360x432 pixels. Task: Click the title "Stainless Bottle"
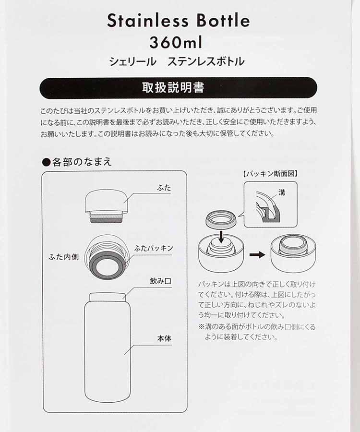[178, 21]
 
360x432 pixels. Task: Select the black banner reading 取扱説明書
[178, 88]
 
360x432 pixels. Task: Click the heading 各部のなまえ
[82, 162]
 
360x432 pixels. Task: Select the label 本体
[164, 339]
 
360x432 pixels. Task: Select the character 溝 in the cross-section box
[282, 192]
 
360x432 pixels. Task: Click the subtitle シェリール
[133, 61]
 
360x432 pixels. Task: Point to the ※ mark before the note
[202, 327]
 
